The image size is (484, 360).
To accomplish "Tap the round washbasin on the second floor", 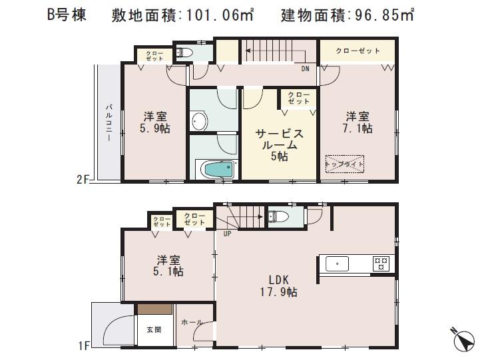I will pos(198,122).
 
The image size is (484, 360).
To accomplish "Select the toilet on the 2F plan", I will pos(184,52).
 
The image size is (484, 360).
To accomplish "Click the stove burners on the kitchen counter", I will pos(380,264).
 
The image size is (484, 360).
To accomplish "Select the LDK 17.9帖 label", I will pos(279,286).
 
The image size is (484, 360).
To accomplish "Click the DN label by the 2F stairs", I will pos(305,69).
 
